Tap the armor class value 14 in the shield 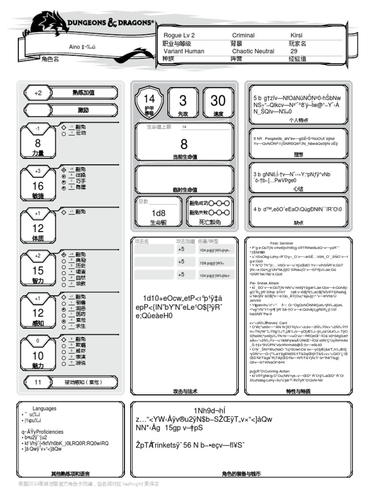149,99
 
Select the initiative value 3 183,101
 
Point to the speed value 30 218,101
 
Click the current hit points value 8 184,144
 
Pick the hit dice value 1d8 159,213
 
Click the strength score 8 38,143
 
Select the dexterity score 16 38,186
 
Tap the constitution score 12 38,228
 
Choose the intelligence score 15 38,271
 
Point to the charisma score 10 38,356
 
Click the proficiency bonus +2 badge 38,93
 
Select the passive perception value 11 38,382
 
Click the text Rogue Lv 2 179,36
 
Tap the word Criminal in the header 243,36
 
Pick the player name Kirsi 296,36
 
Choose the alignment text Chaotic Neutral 253,51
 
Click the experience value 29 294,51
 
